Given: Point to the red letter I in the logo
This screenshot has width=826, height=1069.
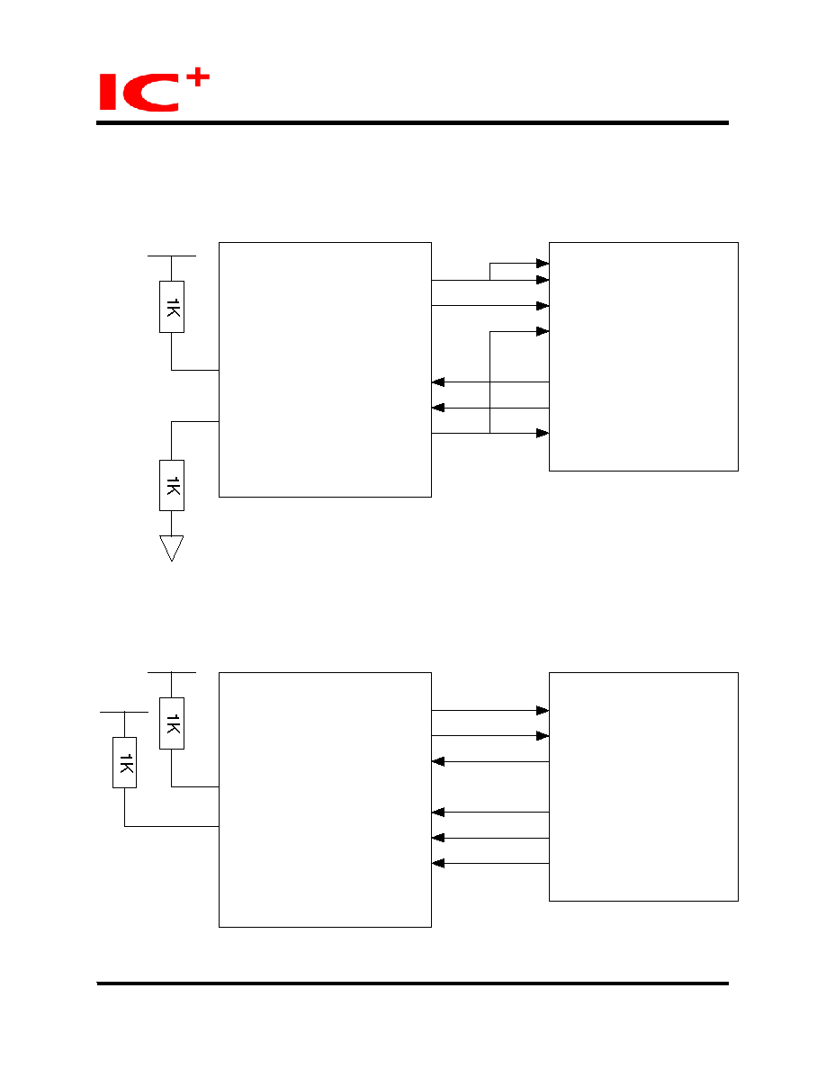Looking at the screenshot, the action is [108, 92].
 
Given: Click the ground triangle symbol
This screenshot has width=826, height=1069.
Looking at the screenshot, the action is [172, 548].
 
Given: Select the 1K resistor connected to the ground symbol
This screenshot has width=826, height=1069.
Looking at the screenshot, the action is [172, 485].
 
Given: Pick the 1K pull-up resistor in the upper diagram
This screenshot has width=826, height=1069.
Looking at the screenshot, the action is [172, 307].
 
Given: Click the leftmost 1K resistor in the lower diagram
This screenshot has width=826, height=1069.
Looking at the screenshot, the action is [125, 762].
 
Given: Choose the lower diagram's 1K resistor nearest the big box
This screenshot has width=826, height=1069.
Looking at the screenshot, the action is [172, 723].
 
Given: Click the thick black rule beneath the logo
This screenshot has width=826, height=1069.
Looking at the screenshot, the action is [412, 122].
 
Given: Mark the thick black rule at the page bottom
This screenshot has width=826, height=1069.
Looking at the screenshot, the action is [412, 984].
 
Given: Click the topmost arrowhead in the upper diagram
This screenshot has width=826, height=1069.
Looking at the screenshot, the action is [543, 263].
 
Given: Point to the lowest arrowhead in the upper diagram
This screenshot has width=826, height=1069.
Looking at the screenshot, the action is [543, 433].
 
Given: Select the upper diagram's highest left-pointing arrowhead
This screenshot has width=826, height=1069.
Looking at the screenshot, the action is [438, 382].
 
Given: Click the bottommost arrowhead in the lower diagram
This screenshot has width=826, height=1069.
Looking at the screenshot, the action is [438, 863].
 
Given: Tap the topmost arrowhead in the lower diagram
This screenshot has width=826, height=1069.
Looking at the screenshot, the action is [543, 710].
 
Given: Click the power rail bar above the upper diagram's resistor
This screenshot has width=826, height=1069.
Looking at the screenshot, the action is [172, 256].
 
